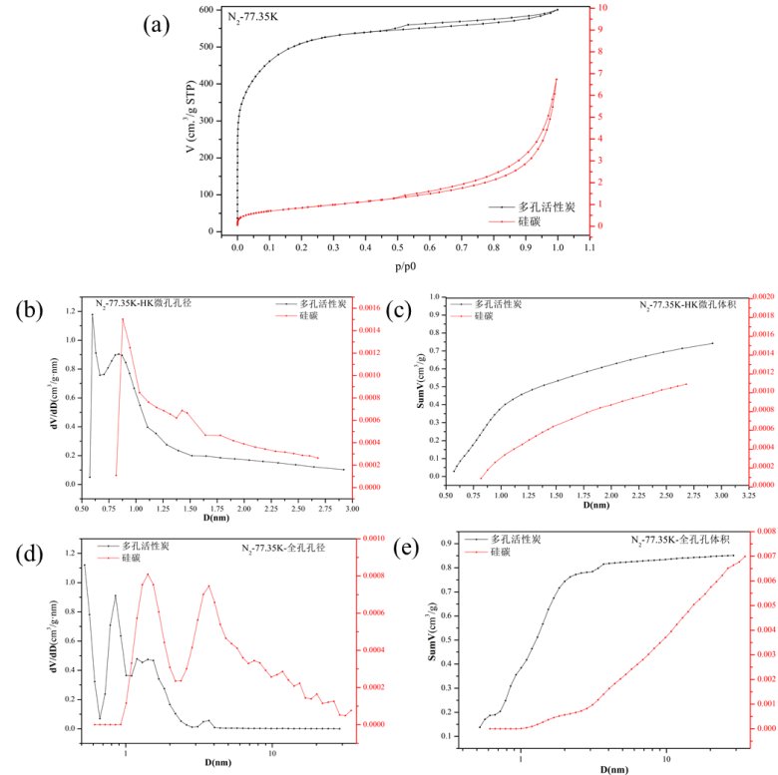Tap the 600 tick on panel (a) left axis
(x=205, y=10)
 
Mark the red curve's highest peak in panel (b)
(x=123, y=319)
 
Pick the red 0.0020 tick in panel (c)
(x=761, y=297)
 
